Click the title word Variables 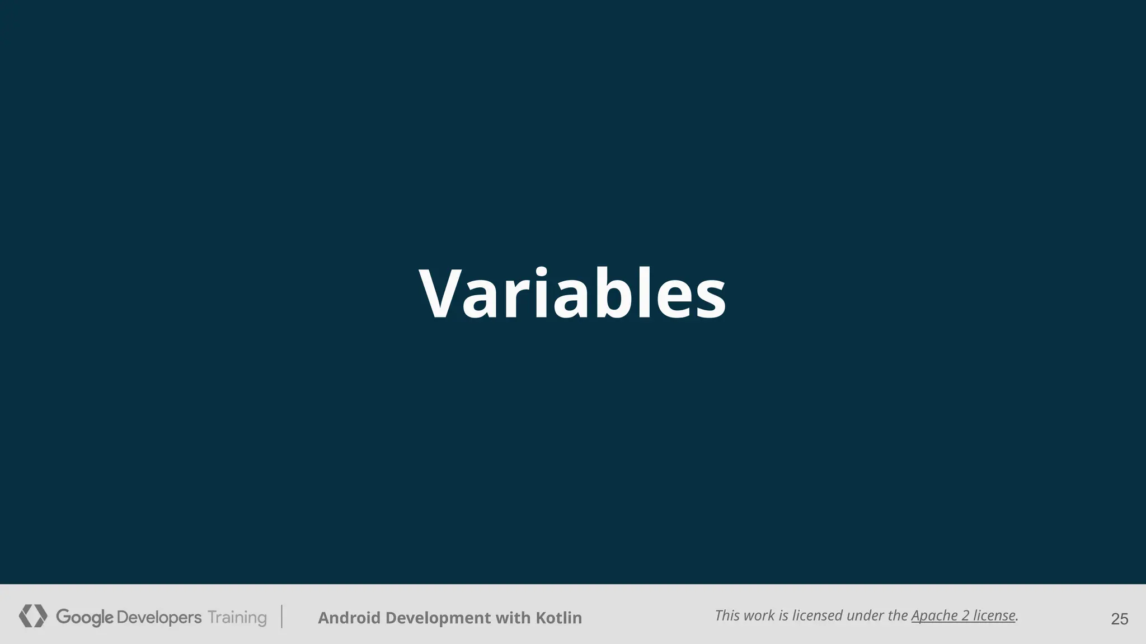pyautogui.click(x=572, y=294)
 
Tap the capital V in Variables pyautogui.click(x=442, y=294)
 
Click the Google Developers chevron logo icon pyautogui.click(x=33, y=616)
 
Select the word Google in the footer pyautogui.click(x=84, y=617)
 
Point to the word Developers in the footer pyautogui.click(x=159, y=617)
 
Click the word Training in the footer pyautogui.click(x=237, y=617)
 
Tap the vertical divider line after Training pyautogui.click(x=282, y=617)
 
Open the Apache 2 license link pyautogui.click(x=963, y=615)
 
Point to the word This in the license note pyautogui.click(x=727, y=615)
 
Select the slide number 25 pyautogui.click(x=1119, y=619)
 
